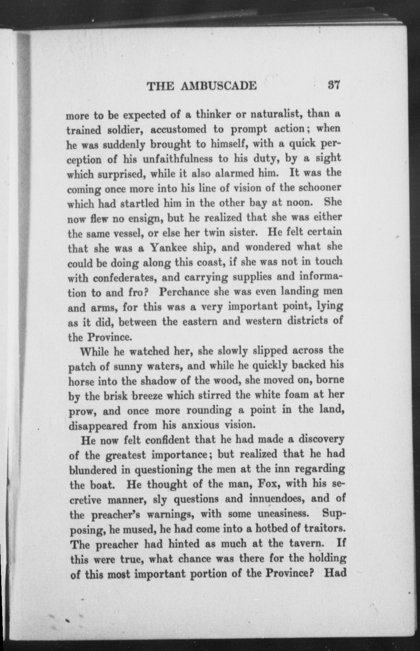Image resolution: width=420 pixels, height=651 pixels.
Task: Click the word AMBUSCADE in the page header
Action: point(218,86)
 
